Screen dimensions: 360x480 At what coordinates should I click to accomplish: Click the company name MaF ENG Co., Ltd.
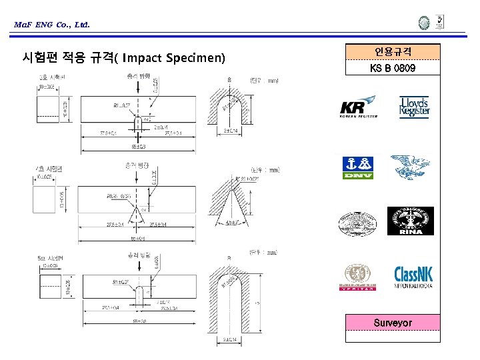(51, 25)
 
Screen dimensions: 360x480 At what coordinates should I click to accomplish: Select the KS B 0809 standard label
(393, 68)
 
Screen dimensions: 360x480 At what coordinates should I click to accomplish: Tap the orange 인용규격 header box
(393, 51)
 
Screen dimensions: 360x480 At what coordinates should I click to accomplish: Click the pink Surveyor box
(393, 323)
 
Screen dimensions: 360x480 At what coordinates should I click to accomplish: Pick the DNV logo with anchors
(358, 167)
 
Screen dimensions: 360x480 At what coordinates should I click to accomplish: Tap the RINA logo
(410, 221)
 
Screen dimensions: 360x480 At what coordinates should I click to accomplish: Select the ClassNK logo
(415, 277)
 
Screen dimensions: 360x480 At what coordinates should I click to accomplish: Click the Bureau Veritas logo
(358, 277)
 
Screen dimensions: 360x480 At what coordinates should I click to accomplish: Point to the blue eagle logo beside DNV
(410, 167)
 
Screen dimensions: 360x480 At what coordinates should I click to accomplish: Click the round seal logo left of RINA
(358, 221)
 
